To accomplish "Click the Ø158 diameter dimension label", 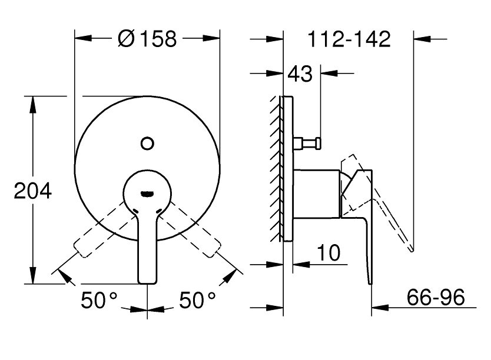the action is [x=147, y=39].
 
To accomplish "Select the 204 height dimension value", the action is [x=32, y=191].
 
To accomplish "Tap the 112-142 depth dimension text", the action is [x=349, y=39].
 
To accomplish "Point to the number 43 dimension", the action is [x=300, y=74].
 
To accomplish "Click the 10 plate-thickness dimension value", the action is [x=329, y=253].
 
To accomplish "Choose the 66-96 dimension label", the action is [x=436, y=297].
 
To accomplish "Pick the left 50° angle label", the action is [x=99, y=299].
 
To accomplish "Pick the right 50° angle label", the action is [x=197, y=299].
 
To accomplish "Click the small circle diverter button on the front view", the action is [x=147, y=144].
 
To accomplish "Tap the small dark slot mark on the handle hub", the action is [x=147, y=194].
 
